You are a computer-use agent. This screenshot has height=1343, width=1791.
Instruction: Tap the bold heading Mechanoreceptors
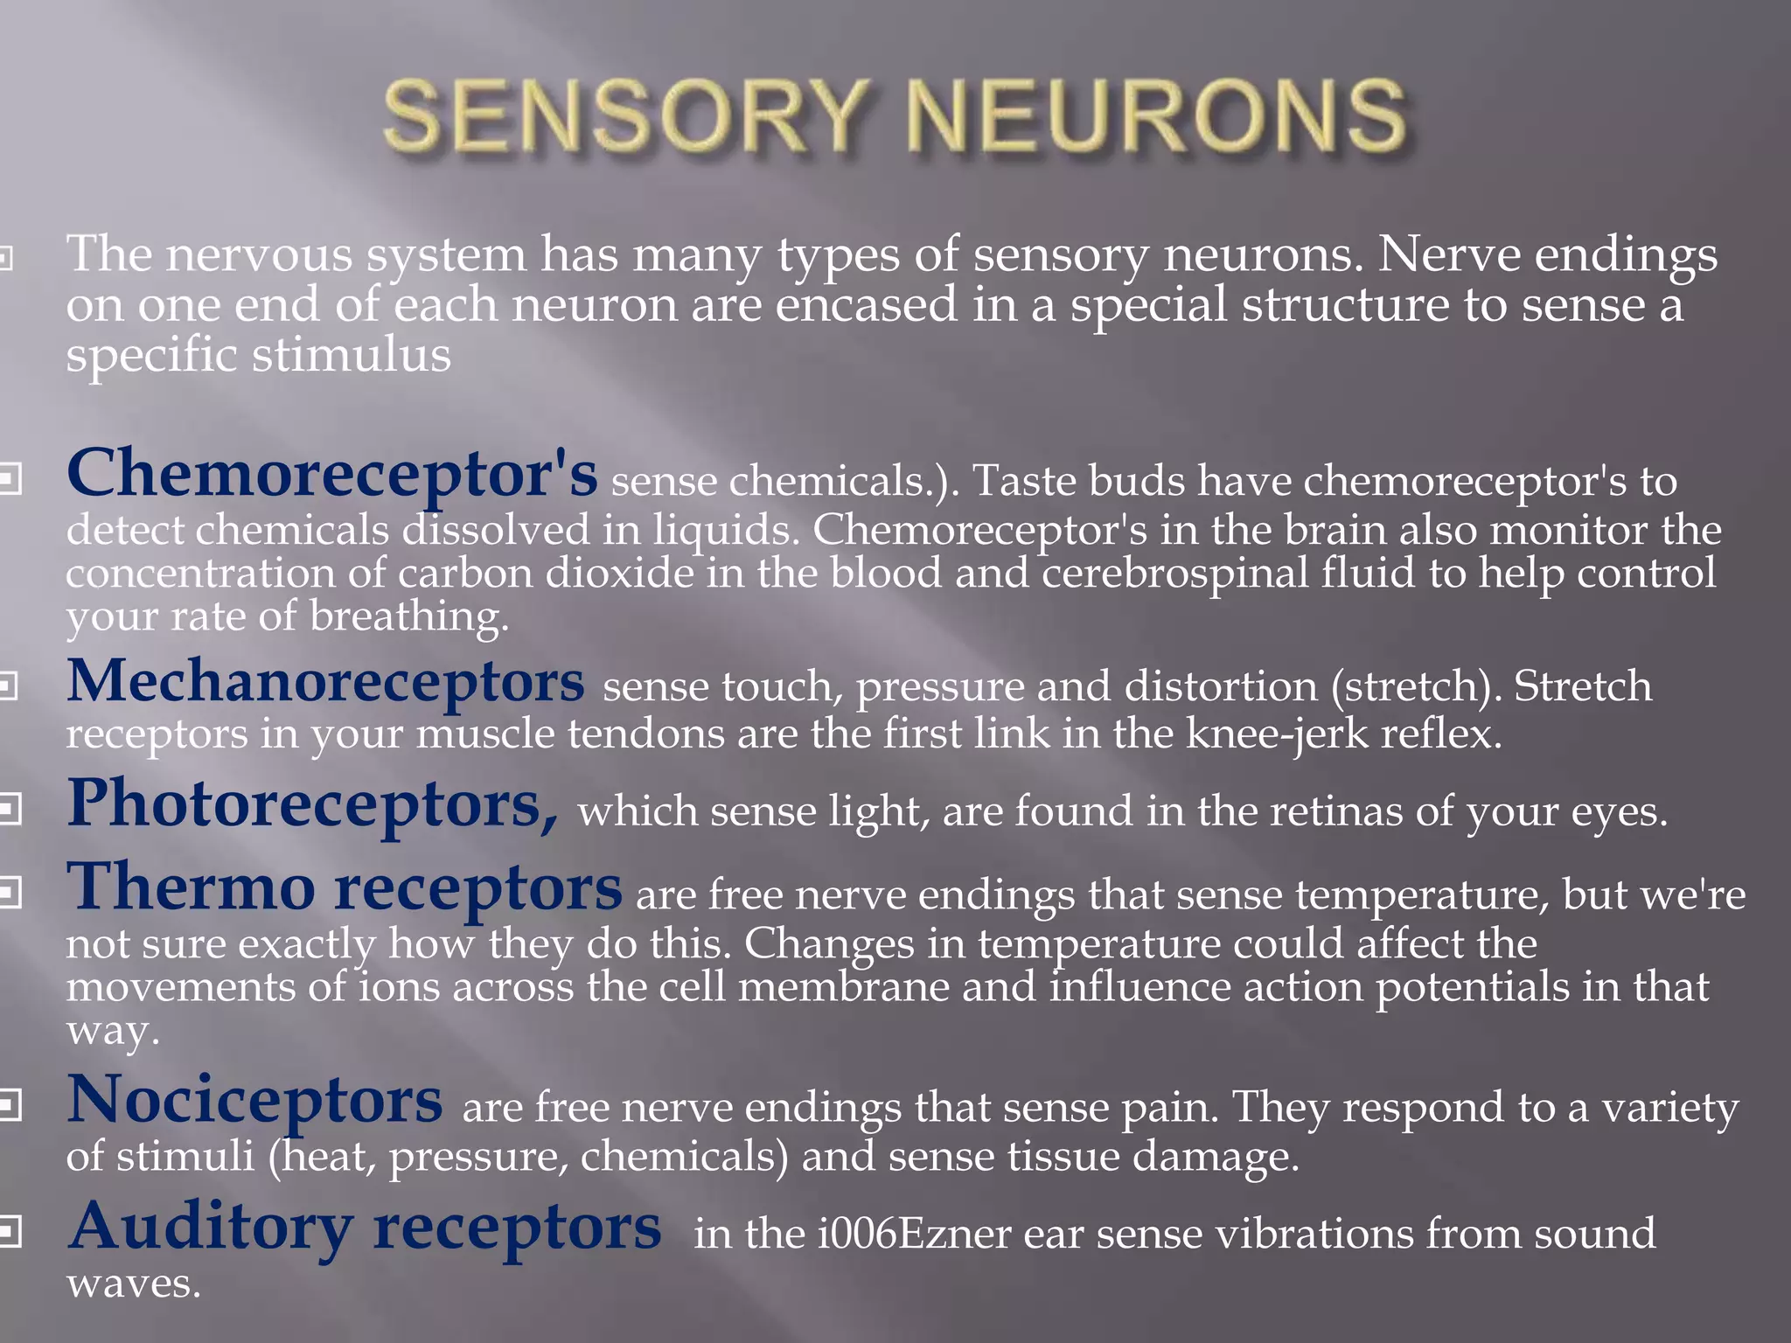325,681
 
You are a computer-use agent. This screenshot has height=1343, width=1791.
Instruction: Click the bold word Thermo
191,887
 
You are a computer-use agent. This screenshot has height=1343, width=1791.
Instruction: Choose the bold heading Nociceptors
254,1100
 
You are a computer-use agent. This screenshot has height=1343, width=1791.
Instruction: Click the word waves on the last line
133,1284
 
